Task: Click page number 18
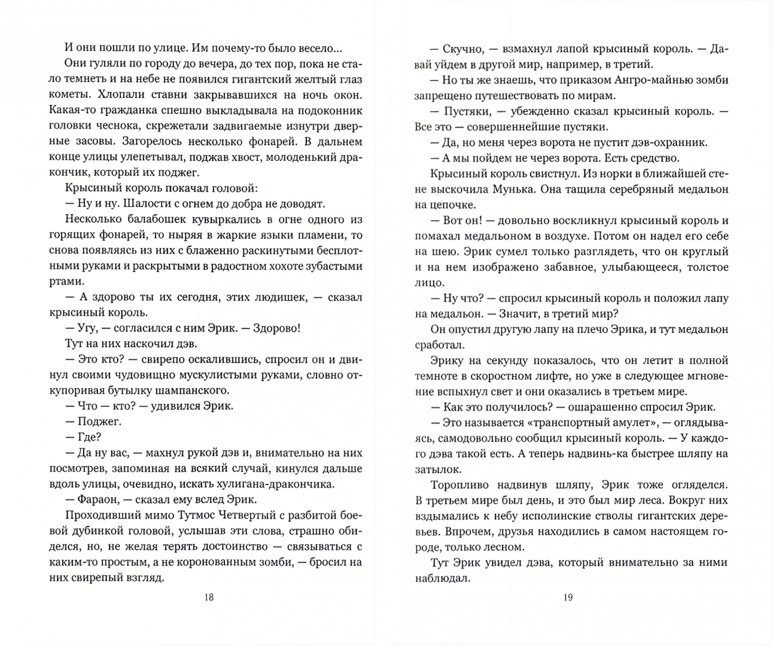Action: (208, 597)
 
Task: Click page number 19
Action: (568, 597)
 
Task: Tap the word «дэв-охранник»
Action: (670, 142)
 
